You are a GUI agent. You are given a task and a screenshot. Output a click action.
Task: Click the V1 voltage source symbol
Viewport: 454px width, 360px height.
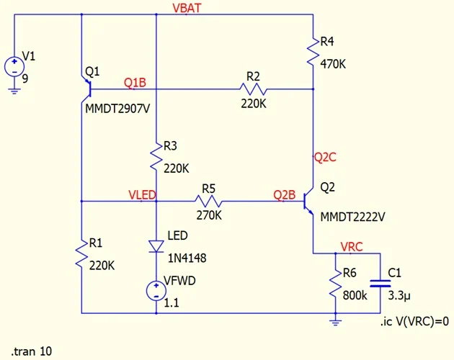coord(14,67)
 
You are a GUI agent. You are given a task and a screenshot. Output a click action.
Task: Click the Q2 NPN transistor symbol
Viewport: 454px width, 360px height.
coord(309,202)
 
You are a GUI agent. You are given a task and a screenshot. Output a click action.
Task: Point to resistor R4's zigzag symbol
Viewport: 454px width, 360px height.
coord(313,52)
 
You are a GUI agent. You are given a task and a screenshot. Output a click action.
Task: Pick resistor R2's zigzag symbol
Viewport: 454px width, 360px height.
coord(253,89)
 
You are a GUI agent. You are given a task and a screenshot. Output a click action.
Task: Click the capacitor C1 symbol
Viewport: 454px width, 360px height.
coord(381,284)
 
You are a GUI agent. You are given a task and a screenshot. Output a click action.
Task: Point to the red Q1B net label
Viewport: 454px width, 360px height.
coord(135,83)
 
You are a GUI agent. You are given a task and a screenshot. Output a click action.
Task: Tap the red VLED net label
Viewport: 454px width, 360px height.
coord(142,195)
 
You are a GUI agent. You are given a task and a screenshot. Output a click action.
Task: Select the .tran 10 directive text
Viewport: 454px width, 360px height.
coord(32,352)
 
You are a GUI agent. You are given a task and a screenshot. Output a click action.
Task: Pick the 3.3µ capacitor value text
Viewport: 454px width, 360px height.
coord(401,294)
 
